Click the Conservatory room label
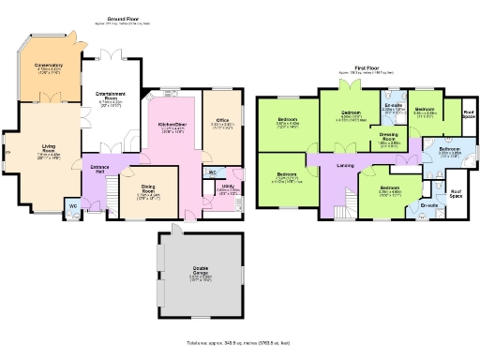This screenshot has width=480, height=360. click(49, 65)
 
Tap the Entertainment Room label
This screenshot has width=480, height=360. click(110, 95)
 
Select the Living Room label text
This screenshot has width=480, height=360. click(48, 147)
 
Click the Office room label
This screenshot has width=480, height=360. click(222, 121)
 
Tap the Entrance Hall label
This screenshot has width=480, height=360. click(98, 169)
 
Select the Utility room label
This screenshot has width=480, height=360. click(228, 187)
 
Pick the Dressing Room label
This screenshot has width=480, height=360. click(388, 137)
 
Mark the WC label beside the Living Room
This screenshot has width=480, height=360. click(72, 206)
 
